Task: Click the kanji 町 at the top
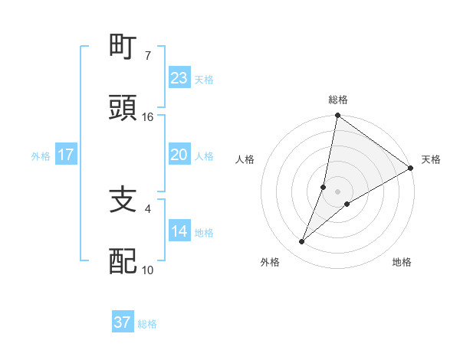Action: point(123,47)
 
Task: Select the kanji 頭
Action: point(123,108)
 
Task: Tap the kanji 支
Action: point(123,200)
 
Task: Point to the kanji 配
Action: point(123,261)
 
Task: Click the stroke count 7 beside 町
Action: point(147,56)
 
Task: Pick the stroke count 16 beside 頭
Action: point(148,116)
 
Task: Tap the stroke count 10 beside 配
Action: point(148,270)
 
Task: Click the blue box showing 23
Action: point(179,78)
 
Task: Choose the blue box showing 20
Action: point(179,155)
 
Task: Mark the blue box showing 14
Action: point(179,231)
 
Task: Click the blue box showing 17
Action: point(66,155)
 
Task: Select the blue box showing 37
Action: point(123,322)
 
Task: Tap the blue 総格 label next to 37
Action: point(147,324)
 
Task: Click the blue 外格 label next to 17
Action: point(41,155)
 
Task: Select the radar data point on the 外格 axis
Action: point(302,242)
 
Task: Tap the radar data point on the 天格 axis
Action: point(411,169)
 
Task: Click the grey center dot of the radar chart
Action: point(338,191)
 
